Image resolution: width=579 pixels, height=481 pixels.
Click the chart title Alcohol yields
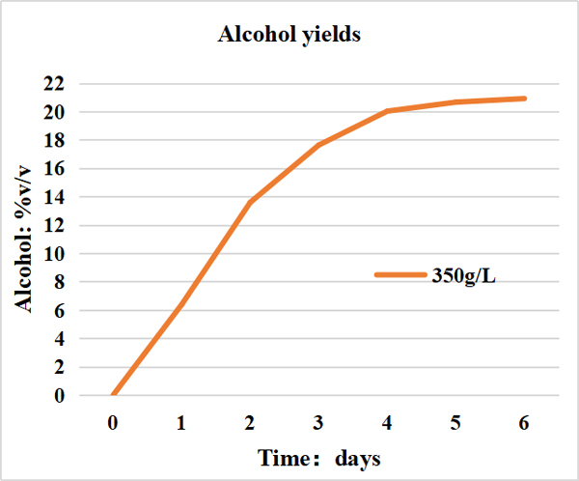(x=289, y=36)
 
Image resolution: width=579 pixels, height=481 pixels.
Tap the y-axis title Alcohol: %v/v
(x=26, y=239)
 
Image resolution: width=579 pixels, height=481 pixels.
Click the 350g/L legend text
(x=464, y=275)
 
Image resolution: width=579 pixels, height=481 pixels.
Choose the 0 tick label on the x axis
(x=113, y=423)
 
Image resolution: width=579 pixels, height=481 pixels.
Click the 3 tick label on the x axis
(x=318, y=423)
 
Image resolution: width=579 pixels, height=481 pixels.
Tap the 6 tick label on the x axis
(x=524, y=423)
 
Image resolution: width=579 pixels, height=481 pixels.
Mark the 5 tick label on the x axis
(x=455, y=423)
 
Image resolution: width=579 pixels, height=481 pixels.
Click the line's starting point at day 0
(x=113, y=395)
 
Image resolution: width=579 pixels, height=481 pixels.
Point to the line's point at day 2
(x=250, y=203)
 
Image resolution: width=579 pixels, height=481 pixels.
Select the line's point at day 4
(x=387, y=111)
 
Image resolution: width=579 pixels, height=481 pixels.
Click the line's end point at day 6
(x=524, y=99)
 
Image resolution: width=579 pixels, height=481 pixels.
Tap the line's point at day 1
(x=181, y=303)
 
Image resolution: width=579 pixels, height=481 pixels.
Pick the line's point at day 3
(x=318, y=145)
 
